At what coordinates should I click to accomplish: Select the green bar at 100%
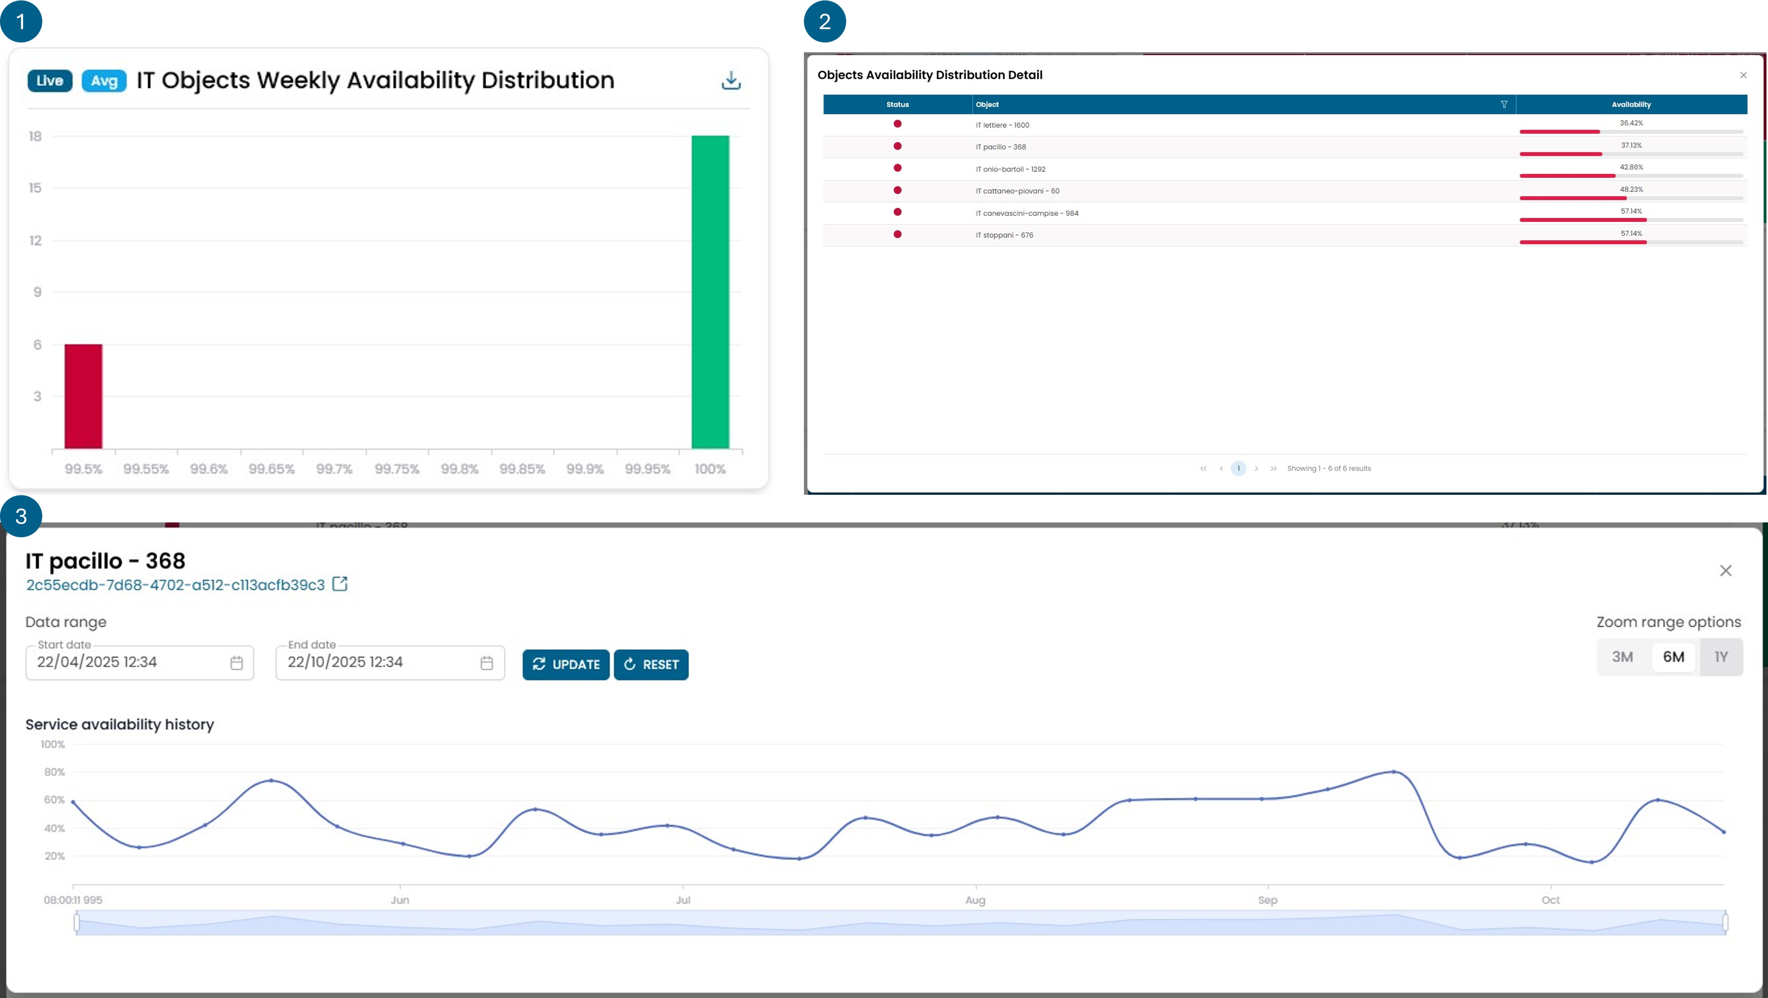(710, 292)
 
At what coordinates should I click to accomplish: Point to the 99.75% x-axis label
(397, 469)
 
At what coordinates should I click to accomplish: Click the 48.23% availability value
(1631, 189)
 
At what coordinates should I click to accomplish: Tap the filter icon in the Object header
(1504, 104)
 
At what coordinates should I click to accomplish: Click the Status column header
(897, 104)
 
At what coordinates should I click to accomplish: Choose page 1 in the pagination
(1238, 468)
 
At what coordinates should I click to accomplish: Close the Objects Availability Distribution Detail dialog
(1743, 75)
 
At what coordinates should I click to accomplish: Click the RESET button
(651, 665)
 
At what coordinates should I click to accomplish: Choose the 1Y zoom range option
(1721, 657)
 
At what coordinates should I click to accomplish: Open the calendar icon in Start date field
(236, 663)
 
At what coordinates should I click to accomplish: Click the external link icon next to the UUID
(340, 584)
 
